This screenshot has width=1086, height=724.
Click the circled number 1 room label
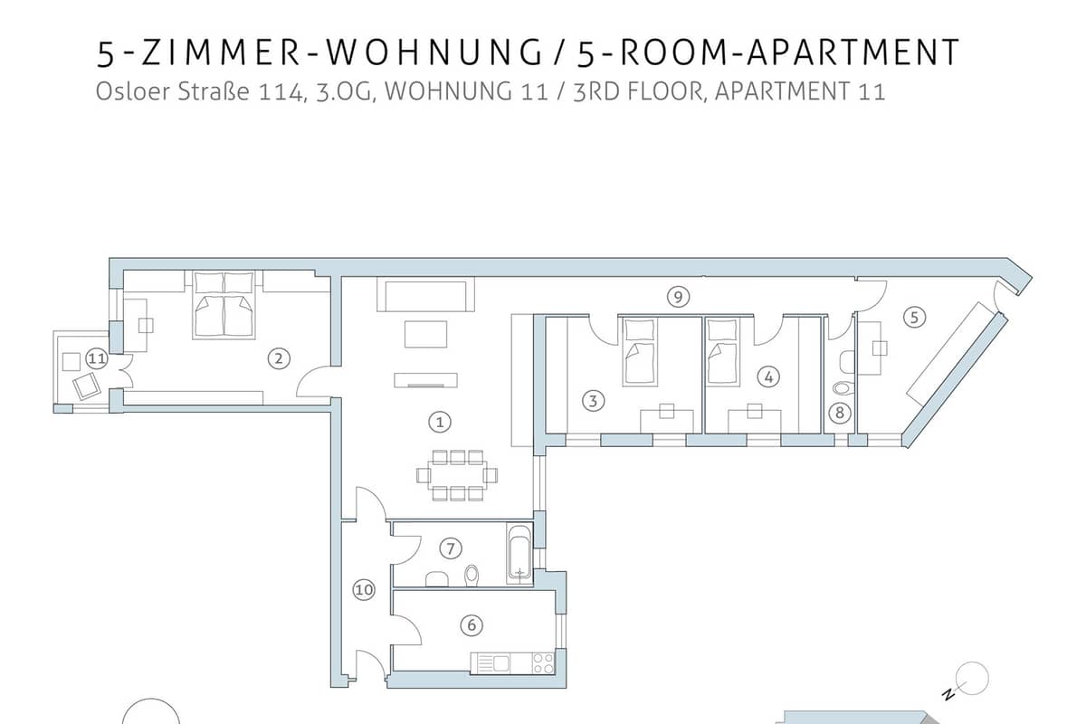pos(440,422)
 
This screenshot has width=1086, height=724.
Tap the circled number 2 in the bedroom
pos(279,359)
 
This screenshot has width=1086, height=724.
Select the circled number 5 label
pos(914,318)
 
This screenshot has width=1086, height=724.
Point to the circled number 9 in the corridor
pos(678,296)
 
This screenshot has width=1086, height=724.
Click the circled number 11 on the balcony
pos(97,359)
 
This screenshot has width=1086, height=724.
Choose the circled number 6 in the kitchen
pos(472,625)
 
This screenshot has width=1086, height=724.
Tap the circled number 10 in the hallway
pos(364,590)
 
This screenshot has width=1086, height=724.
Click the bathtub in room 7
pos(519,554)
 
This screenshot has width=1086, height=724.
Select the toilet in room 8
pos(843,388)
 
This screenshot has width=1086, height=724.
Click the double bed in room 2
pos(224,305)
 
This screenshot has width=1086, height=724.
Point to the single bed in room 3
pos(640,351)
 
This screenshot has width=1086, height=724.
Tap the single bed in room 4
pos(722,351)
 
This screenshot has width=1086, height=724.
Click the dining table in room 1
pos(457,475)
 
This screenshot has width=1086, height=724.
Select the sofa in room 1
pos(425,294)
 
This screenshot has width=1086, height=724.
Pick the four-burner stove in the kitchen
pos(543,662)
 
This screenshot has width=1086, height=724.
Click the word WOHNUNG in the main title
pos(433,52)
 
